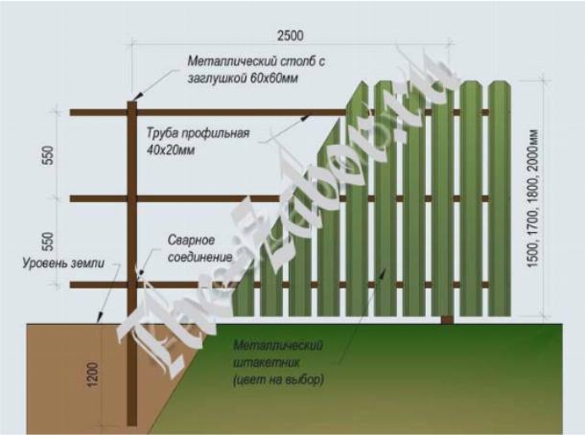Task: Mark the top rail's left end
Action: pyautogui.click(x=75, y=113)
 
